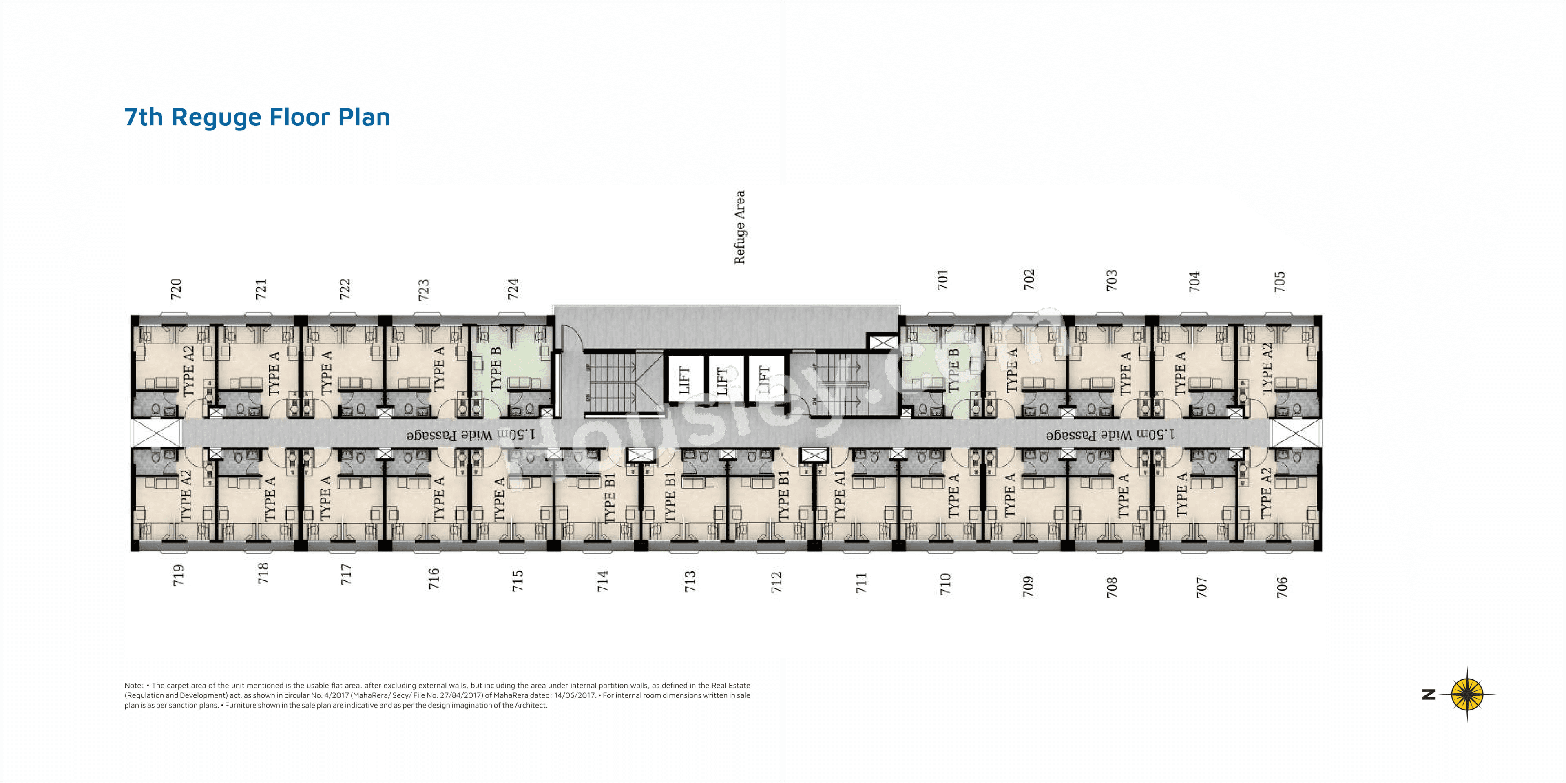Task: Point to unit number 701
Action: coord(942,280)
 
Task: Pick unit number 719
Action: coord(178,575)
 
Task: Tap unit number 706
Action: coord(1281,587)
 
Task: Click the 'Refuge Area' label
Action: coord(739,228)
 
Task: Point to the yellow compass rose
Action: coord(1467,694)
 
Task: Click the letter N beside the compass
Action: coord(1429,694)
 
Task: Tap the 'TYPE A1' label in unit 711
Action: coord(839,495)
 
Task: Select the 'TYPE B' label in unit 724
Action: coord(495,369)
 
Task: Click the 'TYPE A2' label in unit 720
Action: coord(188,371)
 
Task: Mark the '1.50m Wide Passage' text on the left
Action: coord(471,435)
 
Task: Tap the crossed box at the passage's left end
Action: coord(157,433)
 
